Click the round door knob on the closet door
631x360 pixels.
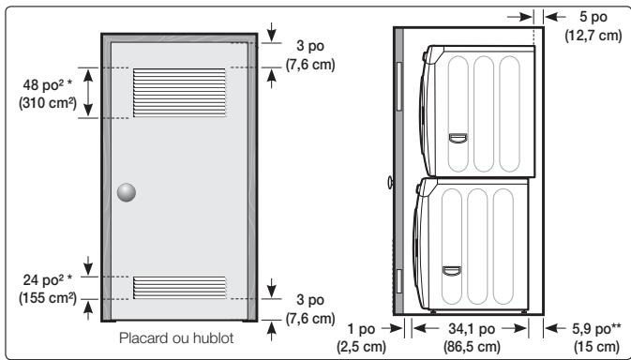point(127,192)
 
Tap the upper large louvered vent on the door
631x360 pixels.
point(179,93)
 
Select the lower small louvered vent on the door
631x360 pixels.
point(179,287)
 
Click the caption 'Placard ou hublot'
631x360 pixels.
point(176,337)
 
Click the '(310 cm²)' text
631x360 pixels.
point(48,103)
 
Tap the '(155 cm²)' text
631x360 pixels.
point(48,298)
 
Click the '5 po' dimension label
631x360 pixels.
point(593,17)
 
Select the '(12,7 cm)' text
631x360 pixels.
point(593,36)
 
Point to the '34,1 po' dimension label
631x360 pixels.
point(472,329)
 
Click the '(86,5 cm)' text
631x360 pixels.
point(472,346)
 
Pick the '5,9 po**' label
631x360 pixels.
point(596,329)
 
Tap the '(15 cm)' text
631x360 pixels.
point(596,346)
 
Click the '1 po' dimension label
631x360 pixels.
point(361,329)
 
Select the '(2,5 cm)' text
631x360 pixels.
point(361,346)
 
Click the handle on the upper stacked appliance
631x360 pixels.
point(458,138)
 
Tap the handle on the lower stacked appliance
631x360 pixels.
point(452,271)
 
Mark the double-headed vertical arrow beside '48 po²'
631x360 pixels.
point(88,93)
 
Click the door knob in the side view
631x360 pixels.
point(390,182)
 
